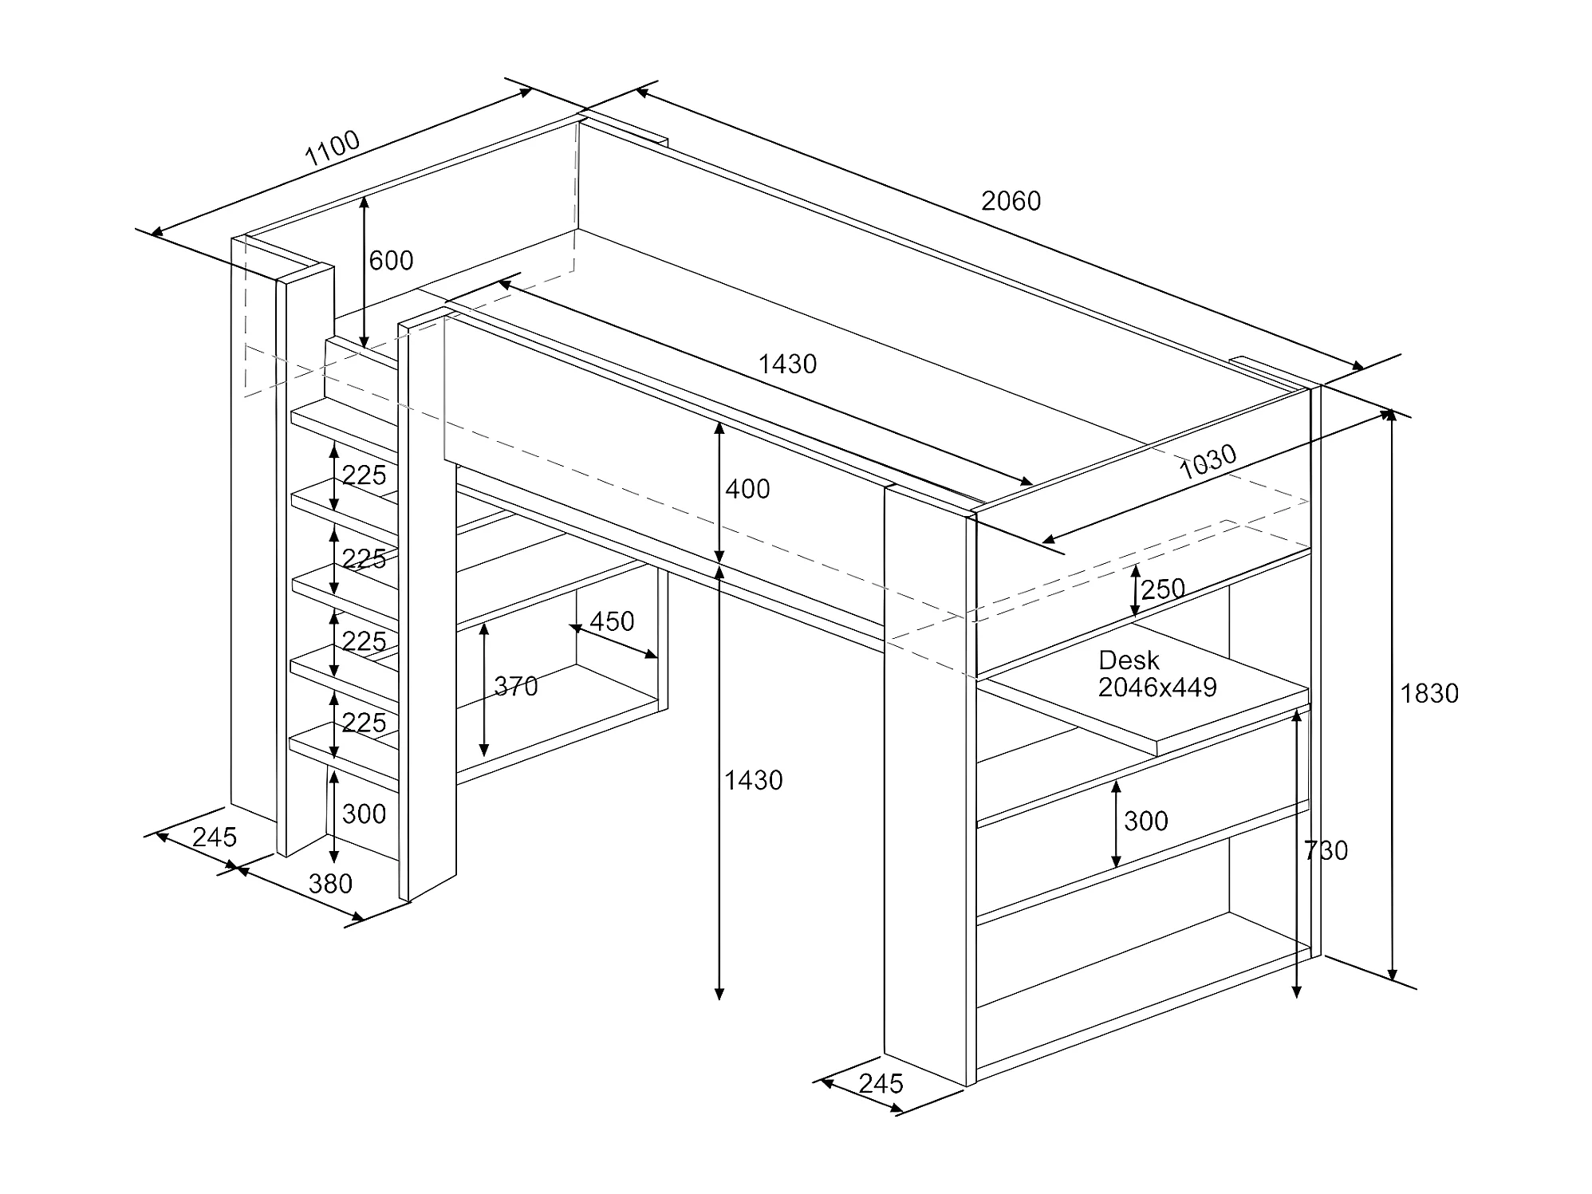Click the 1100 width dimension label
pyautogui.click(x=333, y=148)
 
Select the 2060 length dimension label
pyautogui.click(x=1011, y=201)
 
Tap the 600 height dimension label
pyautogui.click(x=391, y=261)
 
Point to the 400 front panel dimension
pyautogui.click(x=747, y=489)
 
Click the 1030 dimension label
pyautogui.click(x=1208, y=462)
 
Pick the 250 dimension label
pyautogui.click(x=1163, y=589)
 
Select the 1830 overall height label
pyautogui.click(x=1429, y=694)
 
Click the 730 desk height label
pyautogui.click(x=1326, y=851)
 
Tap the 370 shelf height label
pyautogui.click(x=516, y=687)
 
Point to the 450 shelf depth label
pyautogui.click(x=612, y=621)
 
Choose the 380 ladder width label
pyautogui.click(x=330, y=884)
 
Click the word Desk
pyautogui.click(x=1129, y=660)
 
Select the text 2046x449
pyautogui.click(x=1157, y=688)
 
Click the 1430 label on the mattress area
pyautogui.click(x=787, y=365)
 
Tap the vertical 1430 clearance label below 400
pyautogui.click(x=753, y=780)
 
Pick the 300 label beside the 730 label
pyautogui.click(x=1145, y=822)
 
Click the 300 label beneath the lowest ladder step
pyautogui.click(x=364, y=814)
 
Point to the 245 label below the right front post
pyautogui.click(x=881, y=1084)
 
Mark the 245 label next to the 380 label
pyautogui.click(x=215, y=837)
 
